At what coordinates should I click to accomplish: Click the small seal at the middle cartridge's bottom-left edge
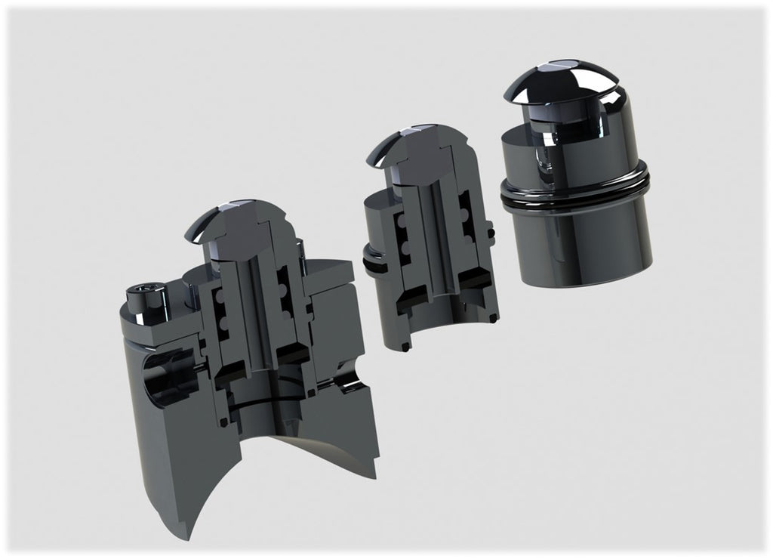point(405,347)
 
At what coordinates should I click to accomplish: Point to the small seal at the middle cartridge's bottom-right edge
point(493,318)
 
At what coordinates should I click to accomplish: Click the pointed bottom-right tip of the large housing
point(374,474)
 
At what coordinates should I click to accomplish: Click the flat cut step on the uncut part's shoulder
point(528,140)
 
